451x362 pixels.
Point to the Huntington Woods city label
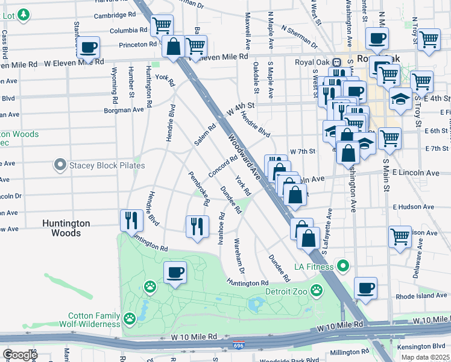(66, 228)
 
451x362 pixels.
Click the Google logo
(19, 355)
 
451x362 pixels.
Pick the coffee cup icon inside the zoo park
(175, 272)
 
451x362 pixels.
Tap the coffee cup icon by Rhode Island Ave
(365, 288)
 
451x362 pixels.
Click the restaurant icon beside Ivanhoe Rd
(197, 226)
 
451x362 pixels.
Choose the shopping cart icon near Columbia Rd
(162, 25)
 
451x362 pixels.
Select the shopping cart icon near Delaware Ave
(400, 237)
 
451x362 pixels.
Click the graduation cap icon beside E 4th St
(400, 98)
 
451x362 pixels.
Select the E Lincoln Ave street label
(415, 173)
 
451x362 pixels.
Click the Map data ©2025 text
(425, 357)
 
